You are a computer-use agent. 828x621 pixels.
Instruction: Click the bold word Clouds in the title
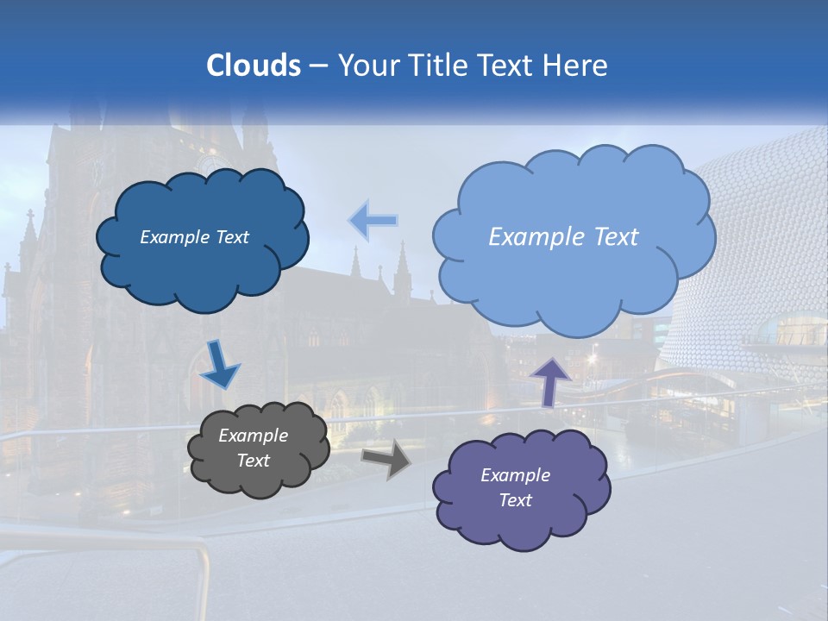pos(253,66)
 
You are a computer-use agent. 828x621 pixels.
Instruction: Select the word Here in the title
pos(579,66)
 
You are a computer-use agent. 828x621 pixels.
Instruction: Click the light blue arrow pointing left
pos(373,221)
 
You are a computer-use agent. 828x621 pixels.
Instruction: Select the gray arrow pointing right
pos(386,458)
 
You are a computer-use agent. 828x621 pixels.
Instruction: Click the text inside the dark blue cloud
pos(194,237)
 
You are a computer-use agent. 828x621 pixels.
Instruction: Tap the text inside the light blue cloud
pos(563,237)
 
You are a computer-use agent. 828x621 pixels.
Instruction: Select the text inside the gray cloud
pos(253,448)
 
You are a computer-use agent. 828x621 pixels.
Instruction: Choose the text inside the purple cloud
pos(515,487)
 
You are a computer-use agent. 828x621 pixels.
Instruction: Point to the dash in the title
pos(317,66)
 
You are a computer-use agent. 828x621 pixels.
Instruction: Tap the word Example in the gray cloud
pos(253,436)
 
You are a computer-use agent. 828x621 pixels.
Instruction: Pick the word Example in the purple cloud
pos(515,475)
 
